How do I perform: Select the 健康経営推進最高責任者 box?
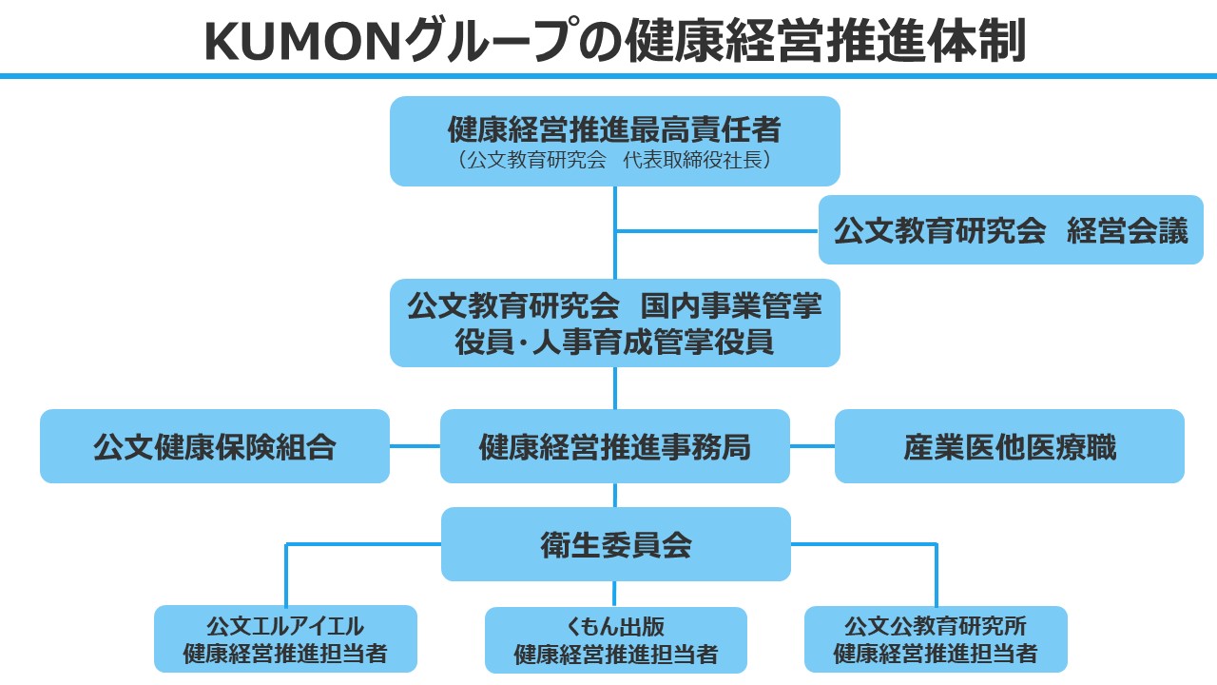tap(614, 140)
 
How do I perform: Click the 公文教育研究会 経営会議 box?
tap(1011, 229)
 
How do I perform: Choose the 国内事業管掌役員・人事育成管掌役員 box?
tap(614, 323)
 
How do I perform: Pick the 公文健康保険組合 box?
tap(215, 446)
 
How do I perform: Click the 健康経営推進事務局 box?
tap(614, 446)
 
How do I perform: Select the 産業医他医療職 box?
tap(1010, 446)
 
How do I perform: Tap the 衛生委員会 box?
tap(615, 544)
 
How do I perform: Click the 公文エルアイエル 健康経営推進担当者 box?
tap(285, 639)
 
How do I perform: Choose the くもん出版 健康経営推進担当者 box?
tap(615, 640)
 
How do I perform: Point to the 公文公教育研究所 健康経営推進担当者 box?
tap(936, 639)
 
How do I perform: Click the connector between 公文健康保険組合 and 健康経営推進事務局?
tap(415, 446)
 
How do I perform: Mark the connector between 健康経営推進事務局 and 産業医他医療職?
tap(812, 446)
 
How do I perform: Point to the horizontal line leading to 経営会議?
tap(717, 230)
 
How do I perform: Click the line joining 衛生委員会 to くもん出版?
tap(615, 594)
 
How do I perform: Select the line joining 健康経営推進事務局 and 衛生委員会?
tap(615, 495)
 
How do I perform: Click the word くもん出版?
tap(615, 627)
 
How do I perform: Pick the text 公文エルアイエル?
tap(285, 626)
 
